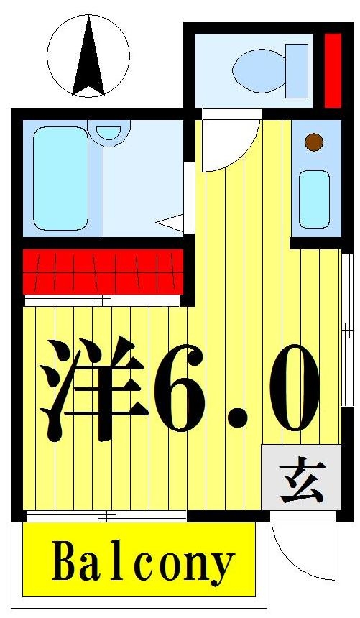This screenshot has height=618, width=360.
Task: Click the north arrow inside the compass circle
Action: pos(88,59)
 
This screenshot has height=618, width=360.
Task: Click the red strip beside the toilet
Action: pos(332,69)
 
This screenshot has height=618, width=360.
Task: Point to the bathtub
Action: pos(60,177)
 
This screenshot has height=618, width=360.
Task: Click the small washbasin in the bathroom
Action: pos(109,132)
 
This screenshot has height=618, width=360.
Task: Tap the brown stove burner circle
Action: pos(313,142)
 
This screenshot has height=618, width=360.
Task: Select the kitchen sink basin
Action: pos(314,199)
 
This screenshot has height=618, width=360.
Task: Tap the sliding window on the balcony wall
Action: pos(106,516)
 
